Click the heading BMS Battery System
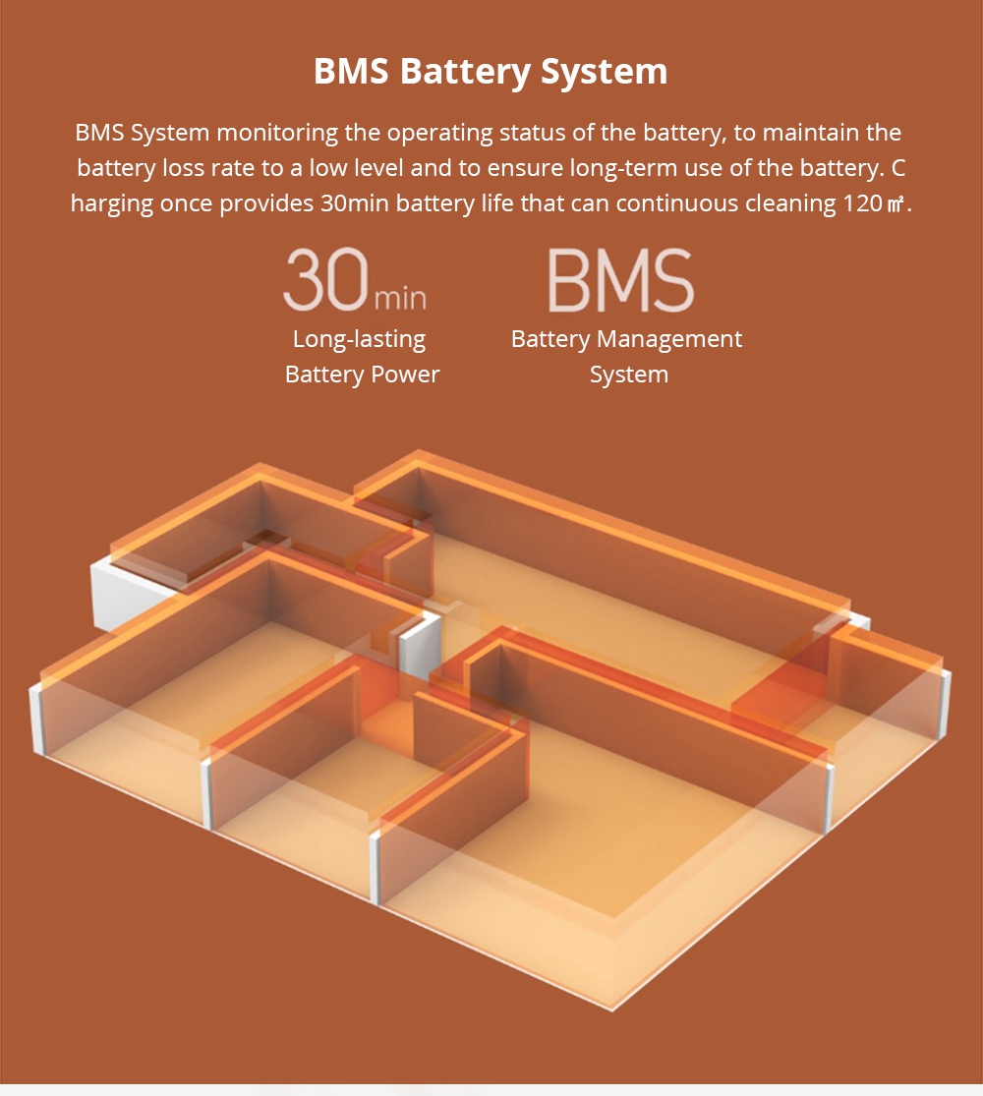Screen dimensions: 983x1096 pyautogui.click(x=491, y=72)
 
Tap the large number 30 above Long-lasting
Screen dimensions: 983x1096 pyautogui.click(x=325, y=279)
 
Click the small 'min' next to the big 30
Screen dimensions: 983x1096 pyautogui.click(x=400, y=298)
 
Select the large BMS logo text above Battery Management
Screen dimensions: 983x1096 pyautogui.click(x=621, y=280)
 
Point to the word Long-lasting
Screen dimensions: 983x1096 pyautogui.click(x=360, y=339)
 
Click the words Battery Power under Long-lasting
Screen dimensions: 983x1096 pyautogui.click(x=362, y=375)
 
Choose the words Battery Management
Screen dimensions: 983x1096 pyautogui.click(x=626, y=339)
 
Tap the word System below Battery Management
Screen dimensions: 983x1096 pyautogui.click(x=629, y=375)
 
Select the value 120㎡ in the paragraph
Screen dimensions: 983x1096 pyautogui.click(x=874, y=203)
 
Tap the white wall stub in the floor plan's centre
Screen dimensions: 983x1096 pyautogui.click(x=418, y=647)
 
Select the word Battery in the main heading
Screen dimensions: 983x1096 pyautogui.click(x=466, y=72)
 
